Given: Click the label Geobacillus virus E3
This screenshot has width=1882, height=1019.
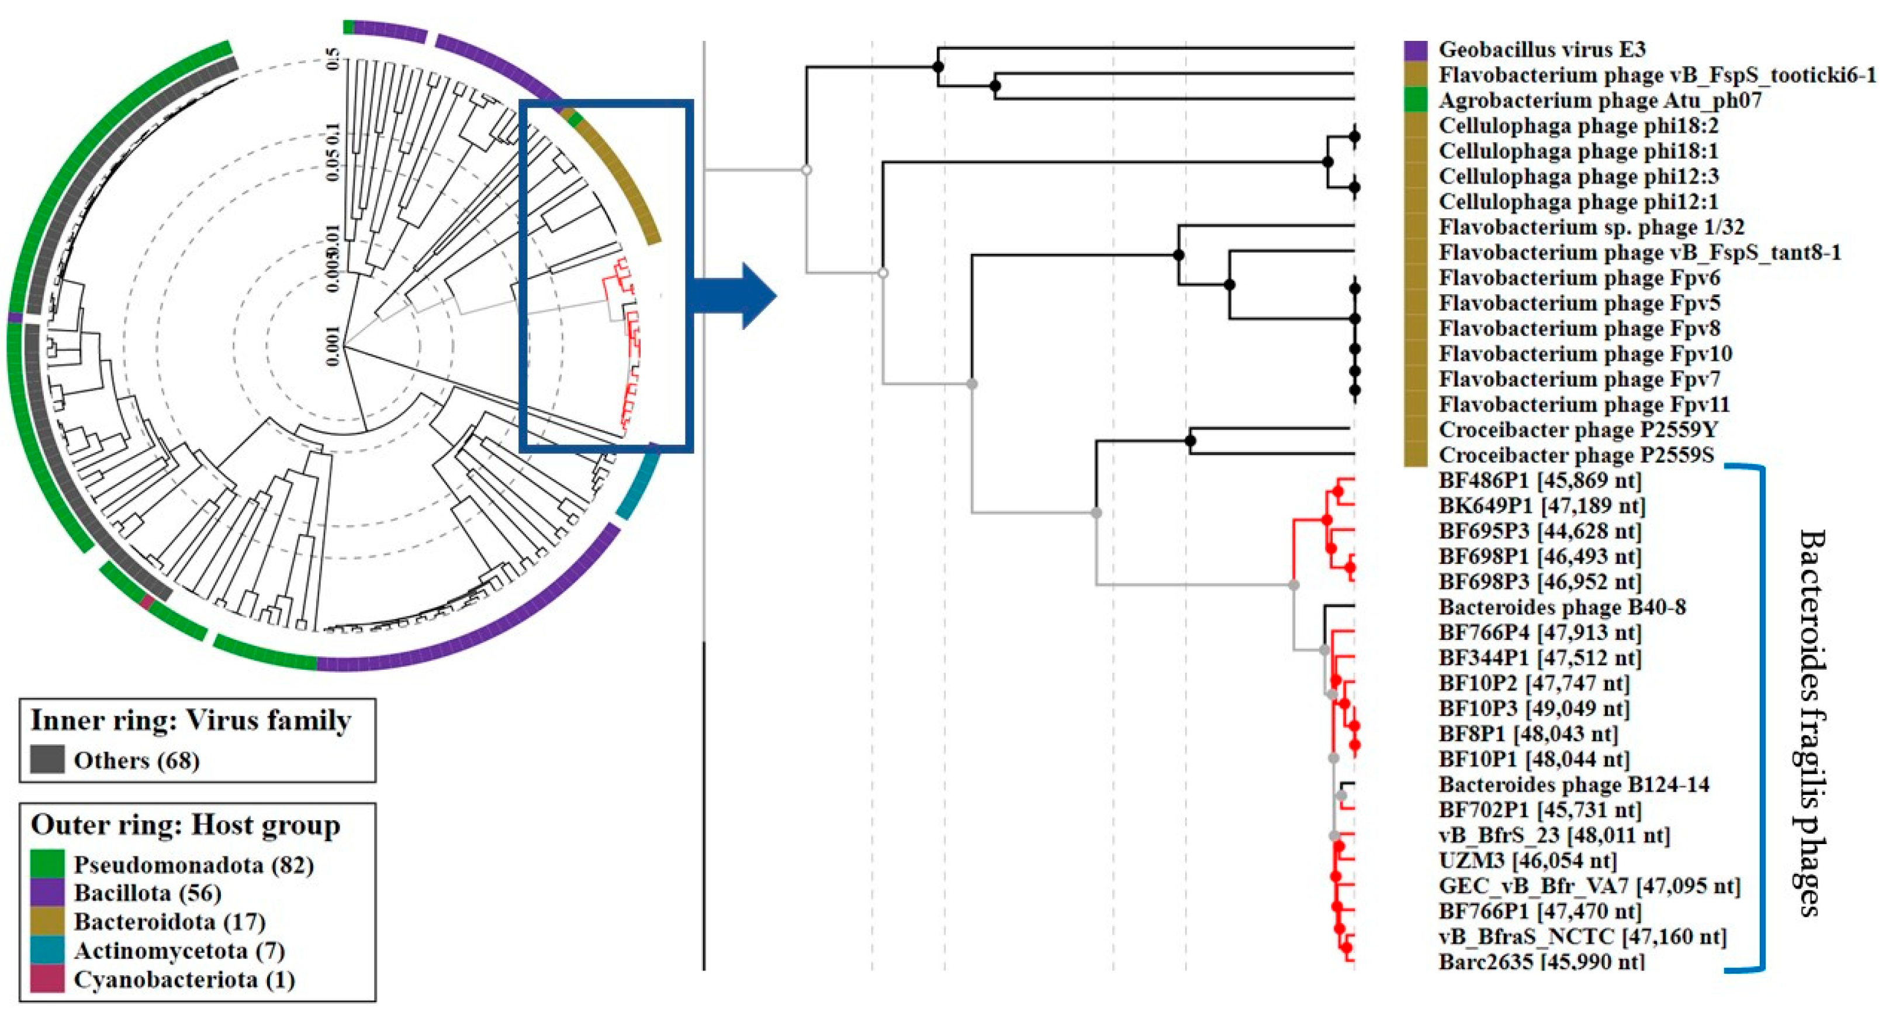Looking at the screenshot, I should pyautogui.click(x=1542, y=50).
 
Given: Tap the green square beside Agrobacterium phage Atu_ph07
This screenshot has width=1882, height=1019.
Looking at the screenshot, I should pyautogui.click(x=1415, y=100).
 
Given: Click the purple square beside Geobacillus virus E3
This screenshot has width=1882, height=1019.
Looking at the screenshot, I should pyautogui.click(x=1415, y=50).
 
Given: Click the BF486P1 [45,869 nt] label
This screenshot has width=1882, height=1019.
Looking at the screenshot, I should pyautogui.click(x=1539, y=481).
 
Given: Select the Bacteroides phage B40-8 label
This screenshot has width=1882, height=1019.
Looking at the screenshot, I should pyautogui.click(x=1562, y=607).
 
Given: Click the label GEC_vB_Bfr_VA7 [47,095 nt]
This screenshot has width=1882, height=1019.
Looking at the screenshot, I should pyautogui.click(x=1590, y=886).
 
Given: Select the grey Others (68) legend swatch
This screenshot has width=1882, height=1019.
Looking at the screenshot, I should pyautogui.click(x=47, y=760).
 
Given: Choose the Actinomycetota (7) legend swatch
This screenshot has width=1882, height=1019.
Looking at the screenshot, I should pyautogui.click(x=47, y=951).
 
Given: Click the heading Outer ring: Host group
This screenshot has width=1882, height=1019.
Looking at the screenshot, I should pyautogui.click(x=185, y=825).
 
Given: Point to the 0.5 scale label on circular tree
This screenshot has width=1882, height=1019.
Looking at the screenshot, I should pyautogui.click(x=333, y=58).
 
